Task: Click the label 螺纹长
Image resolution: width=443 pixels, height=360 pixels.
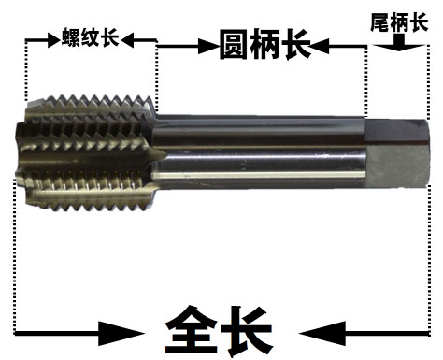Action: pos(91,37)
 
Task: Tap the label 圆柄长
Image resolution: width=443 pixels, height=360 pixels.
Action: pos(265,45)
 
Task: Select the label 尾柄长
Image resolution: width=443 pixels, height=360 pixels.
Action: pos(399,22)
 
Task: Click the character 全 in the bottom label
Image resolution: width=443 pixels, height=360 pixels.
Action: pos(191,330)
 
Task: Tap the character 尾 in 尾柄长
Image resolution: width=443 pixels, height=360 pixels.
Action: pos(379,22)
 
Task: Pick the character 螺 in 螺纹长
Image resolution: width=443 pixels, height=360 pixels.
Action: pos(71,37)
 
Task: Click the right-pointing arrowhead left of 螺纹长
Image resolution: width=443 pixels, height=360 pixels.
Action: pos(54,40)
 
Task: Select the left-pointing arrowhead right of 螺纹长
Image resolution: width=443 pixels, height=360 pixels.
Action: pos(127,40)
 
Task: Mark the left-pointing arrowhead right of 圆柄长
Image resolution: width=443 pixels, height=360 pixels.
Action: pos(319,47)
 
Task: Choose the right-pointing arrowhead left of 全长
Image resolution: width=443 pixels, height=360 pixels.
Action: pos(121,334)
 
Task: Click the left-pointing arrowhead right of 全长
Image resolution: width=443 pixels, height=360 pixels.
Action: pos(322,334)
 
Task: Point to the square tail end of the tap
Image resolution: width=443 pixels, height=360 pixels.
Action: pos(397,152)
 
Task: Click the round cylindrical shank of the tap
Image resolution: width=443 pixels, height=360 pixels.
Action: pos(259,152)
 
